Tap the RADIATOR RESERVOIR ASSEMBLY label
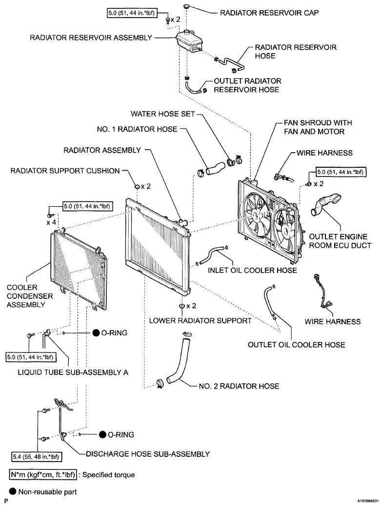click(91, 38)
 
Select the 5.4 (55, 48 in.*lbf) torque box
click(37, 457)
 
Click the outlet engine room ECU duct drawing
click(326, 204)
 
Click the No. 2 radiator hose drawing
click(178, 360)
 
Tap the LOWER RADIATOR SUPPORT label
click(200, 321)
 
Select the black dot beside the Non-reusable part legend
click(13, 491)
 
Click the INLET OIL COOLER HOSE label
click(252, 270)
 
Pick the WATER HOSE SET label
click(163, 114)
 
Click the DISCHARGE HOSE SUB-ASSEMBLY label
click(148, 454)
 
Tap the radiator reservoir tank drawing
click(189, 41)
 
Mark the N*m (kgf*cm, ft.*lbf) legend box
click(43, 475)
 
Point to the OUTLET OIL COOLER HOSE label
click(297, 345)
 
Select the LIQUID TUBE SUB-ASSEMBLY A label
click(73, 372)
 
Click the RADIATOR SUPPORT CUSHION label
click(65, 171)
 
